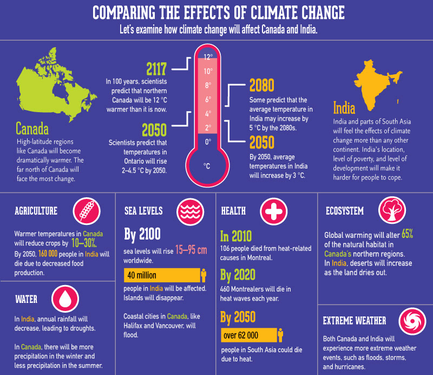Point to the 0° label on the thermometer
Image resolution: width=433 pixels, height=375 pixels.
click(x=208, y=142)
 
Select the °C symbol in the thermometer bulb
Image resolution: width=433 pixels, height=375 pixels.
click(x=207, y=166)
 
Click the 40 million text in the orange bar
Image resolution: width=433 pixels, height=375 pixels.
click(x=142, y=275)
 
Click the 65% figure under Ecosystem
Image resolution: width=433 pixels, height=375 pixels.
click(x=408, y=234)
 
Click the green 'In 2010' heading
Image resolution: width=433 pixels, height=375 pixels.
click(x=237, y=236)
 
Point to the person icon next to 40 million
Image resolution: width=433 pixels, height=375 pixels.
click(x=203, y=275)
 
